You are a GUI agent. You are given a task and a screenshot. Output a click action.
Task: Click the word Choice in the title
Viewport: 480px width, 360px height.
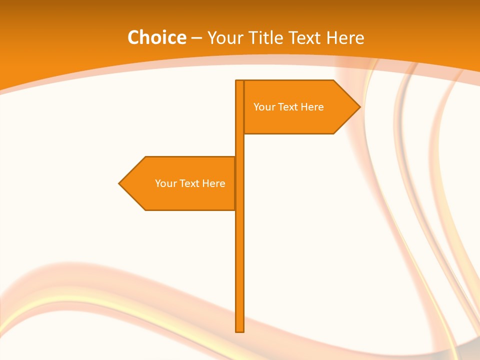point(156,37)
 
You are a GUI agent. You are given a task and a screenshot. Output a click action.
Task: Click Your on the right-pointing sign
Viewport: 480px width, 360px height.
point(262,107)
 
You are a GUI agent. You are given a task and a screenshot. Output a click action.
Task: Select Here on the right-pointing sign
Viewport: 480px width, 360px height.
point(312,107)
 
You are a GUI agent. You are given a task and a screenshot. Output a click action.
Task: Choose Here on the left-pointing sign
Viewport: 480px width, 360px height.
point(213,183)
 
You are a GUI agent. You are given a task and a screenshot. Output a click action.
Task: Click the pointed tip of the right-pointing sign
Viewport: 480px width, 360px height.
point(358,107)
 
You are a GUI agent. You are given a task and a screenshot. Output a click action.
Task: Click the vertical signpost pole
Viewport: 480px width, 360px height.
point(240,250)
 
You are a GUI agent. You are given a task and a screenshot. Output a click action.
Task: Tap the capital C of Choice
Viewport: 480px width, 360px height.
point(133,37)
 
